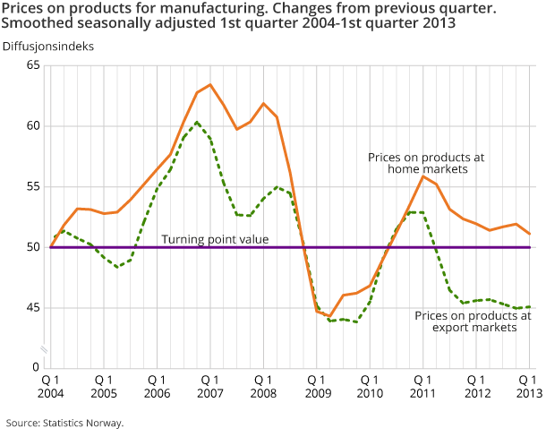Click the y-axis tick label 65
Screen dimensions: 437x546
pos(33,65)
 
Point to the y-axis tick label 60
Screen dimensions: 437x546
pos(33,126)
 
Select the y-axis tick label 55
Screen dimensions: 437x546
pos(33,186)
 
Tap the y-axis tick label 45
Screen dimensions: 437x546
pos(33,307)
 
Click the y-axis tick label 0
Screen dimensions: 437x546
pos(37,367)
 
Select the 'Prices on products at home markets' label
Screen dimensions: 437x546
pos(425,163)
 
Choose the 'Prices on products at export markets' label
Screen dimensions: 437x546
pos(473,321)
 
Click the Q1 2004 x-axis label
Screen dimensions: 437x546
pos(50,387)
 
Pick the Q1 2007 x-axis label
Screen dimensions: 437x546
pos(209,387)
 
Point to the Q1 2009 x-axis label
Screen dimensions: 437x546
pos(316,387)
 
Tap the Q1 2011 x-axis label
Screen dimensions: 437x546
pos(422,387)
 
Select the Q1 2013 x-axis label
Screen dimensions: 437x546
pos(528,387)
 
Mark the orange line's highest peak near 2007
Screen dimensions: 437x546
pos(209,85)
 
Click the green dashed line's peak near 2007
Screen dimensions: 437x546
pos(197,122)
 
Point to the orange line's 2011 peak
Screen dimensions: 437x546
pos(422,176)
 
